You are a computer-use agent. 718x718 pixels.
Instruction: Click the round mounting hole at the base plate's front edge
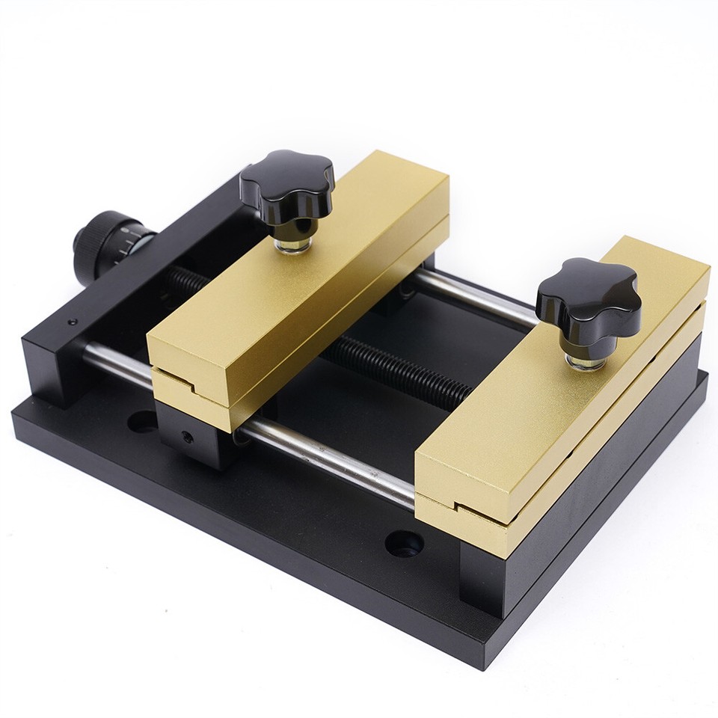tap(404, 543)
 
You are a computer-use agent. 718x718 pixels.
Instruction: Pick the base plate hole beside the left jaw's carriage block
tap(142, 421)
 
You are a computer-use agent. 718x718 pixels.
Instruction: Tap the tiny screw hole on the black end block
tap(72, 322)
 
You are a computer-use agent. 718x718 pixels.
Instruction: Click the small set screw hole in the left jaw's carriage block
tap(187, 436)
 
